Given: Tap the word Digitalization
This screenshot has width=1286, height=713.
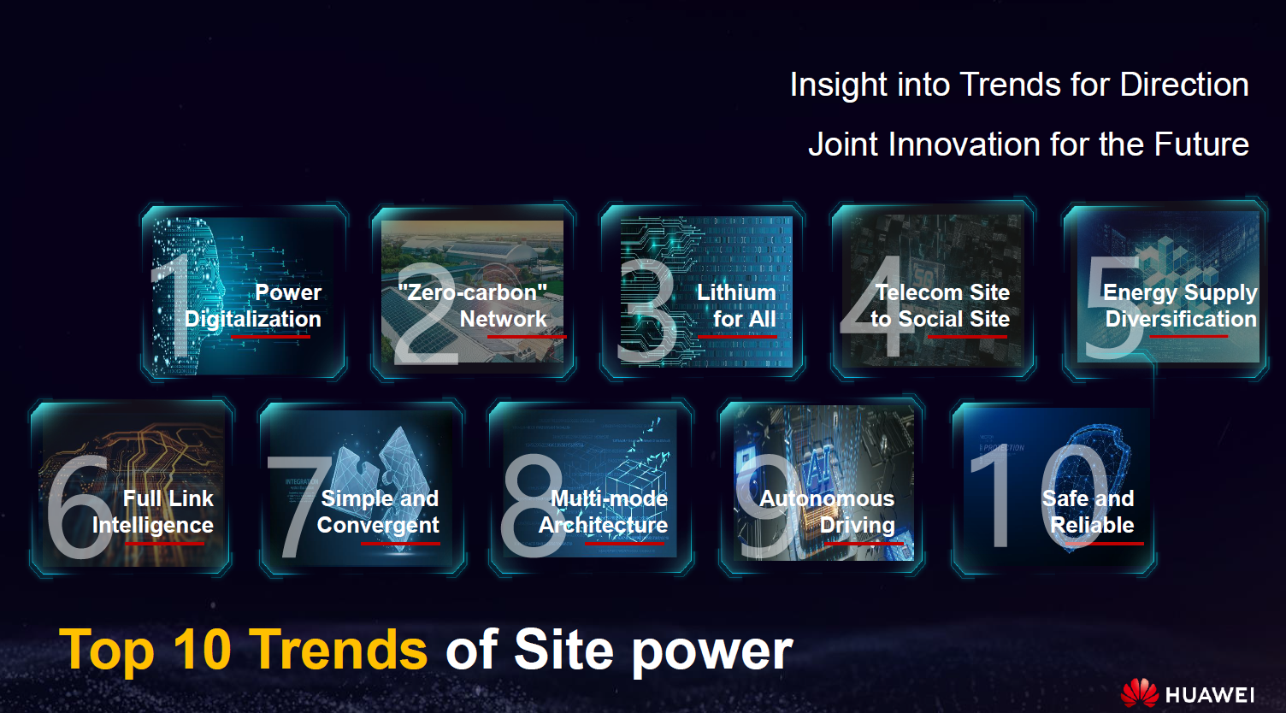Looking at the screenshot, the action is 252,320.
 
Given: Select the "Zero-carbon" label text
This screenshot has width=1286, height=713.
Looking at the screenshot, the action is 473,292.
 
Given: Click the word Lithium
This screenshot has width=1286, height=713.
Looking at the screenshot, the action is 736,292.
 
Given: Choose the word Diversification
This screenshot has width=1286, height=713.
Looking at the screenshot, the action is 1181,319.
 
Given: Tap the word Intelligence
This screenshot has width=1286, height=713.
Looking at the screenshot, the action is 153,526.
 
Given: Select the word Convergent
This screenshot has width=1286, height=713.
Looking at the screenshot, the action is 378,526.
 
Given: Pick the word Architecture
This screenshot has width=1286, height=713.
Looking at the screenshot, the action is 603,525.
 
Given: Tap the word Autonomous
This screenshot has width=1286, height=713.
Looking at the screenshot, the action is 827,499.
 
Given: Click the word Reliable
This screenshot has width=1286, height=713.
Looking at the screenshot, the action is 1092,525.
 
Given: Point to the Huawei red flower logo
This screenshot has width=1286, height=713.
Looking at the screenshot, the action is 1140,692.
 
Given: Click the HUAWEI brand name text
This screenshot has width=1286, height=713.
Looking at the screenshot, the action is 1210,695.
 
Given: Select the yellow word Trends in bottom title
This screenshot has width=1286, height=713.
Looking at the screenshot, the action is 339,650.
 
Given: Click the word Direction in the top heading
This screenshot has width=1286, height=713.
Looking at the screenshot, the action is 1183,85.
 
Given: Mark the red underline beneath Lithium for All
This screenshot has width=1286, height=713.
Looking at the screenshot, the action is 737,336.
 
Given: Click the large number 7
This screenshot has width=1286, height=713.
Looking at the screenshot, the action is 298,506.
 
